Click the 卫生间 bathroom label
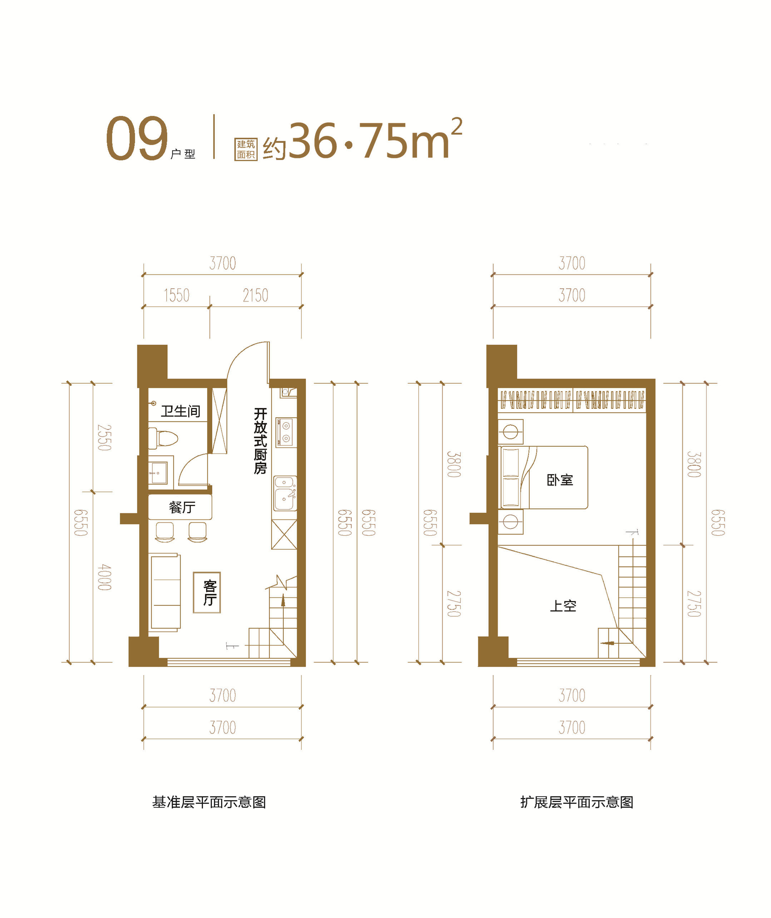pyautogui.click(x=181, y=411)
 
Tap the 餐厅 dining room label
pyautogui.click(x=182, y=507)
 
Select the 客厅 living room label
pyautogui.click(x=210, y=593)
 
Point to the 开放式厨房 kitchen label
pyautogui.click(x=261, y=441)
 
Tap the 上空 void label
pyautogui.click(x=563, y=606)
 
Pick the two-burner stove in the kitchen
pyautogui.click(x=286, y=431)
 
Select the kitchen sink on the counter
pyautogui.click(x=285, y=493)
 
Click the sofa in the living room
pyautogui.click(x=165, y=592)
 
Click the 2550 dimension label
pyautogui.click(x=104, y=437)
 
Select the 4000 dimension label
pyautogui.click(x=104, y=577)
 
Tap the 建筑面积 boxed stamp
pyautogui.click(x=246, y=149)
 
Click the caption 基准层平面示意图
pyautogui.click(x=209, y=803)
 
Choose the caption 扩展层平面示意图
pyautogui.click(x=577, y=803)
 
